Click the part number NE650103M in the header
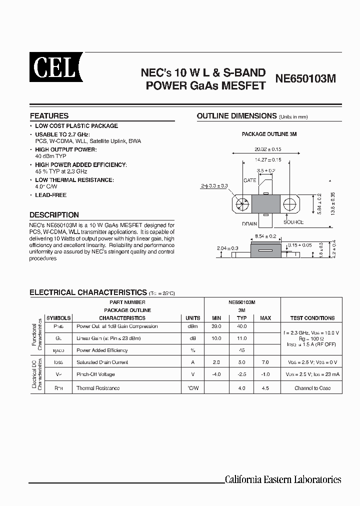pos(306,78)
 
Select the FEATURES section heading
pos(49,115)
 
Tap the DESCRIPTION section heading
pos(54,215)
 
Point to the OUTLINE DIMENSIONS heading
pos(236,116)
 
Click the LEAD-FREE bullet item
pos(50,195)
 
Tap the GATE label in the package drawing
pos(249,180)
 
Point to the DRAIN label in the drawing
pos(249,223)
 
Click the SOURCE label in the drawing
pos(293,222)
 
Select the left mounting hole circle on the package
pos(243,204)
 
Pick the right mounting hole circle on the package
pos(290,204)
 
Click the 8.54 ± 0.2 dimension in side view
pos(266,235)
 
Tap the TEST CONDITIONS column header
pos(312,318)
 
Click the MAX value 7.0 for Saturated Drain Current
pos(265,362)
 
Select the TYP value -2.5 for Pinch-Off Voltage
pos(241,374)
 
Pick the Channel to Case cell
pos(312,388)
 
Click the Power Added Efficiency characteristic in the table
pos(102,350)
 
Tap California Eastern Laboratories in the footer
pos(282,479)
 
